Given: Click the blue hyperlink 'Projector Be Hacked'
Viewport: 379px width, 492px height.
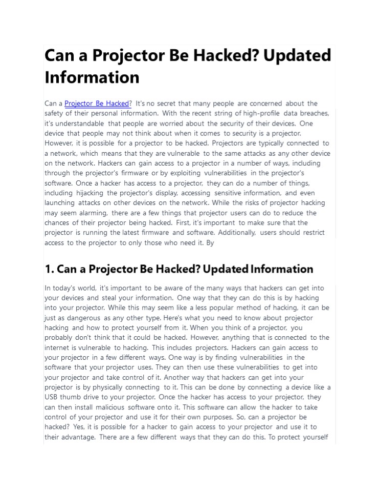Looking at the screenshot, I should click(x=98, y=104).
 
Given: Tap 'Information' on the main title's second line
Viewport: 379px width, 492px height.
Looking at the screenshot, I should click(x=92, y=77).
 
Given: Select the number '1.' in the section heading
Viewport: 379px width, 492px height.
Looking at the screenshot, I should click(x=50, y=269).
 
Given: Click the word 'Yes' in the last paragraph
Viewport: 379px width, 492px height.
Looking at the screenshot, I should click(x=78, y=426).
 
